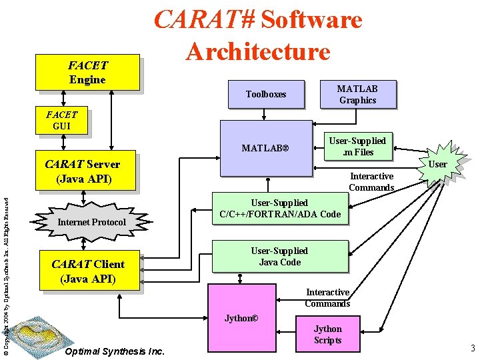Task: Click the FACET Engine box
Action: pyautogui.click(x=87, y=72)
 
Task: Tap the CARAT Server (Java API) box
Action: pyautogui.click(x=82, y=171)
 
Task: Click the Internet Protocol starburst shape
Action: pyautogui.click(x=92, y=221)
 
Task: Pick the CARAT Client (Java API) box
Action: pyautogui.click(x=88, y=271)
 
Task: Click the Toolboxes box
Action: pyautogui.click(x=265, y=94)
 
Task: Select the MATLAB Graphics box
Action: pyautogui.click(x=357, y=94)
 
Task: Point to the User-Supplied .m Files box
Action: pyautogui.click(x=358, y=146)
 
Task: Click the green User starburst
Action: pyautogui.click(x=437, y=164)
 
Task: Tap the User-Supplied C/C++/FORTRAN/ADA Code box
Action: pyautogui.click(x=279, y=208)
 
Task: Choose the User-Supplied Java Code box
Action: pyautogui.click(x=279, y=256)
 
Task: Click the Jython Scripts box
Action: pyautogui.click(x=327, y=334)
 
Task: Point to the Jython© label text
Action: pyautogui.click(x=241, y=318)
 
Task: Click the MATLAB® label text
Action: pyautogui.click(x=265, y=147)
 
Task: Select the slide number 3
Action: pyautogui.click(x=472, y=347)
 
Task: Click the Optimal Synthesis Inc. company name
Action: pyautogui.click(x=115, y=351)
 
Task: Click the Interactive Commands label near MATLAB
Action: pyautogui.click(x=371, y=182)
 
